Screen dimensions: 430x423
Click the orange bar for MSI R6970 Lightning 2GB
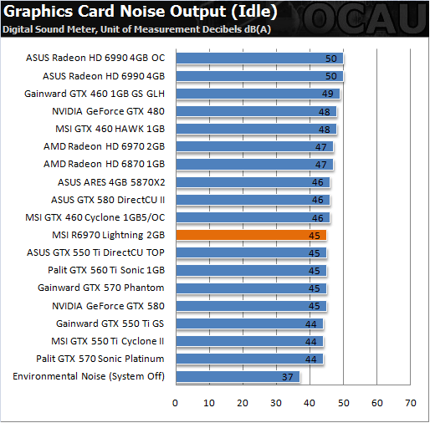coord(251,235)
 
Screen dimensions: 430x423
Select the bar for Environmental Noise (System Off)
coord(238,377)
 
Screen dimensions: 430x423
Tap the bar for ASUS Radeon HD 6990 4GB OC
coord(259,59)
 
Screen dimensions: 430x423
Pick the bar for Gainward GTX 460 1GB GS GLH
coord(258,94)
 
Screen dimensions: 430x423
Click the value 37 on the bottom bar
coord(288,377)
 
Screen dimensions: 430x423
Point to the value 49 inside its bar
coord(328,94)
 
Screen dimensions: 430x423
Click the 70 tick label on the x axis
coord(411,403)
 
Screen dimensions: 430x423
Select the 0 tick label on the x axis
coord(175,403)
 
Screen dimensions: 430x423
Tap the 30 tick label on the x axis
coord(276,403)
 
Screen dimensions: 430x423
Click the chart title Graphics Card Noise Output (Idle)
coord(140,12)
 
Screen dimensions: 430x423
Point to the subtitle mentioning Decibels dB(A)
coord(136,29)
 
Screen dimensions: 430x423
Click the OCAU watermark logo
coord(365,19)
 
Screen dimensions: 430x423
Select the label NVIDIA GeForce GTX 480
coord(108,111)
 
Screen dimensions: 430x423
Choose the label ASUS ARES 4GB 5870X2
coord(111,182)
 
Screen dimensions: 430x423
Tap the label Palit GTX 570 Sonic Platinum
coord(100,359)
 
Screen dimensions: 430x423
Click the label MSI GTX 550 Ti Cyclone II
coord(108,341)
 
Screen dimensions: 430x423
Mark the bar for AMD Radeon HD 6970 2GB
coord(254,146)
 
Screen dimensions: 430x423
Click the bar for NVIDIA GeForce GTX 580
coord(251,306)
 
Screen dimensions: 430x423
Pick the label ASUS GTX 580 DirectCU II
coord(108,200)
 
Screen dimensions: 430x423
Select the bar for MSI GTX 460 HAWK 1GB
coord(256,129)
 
